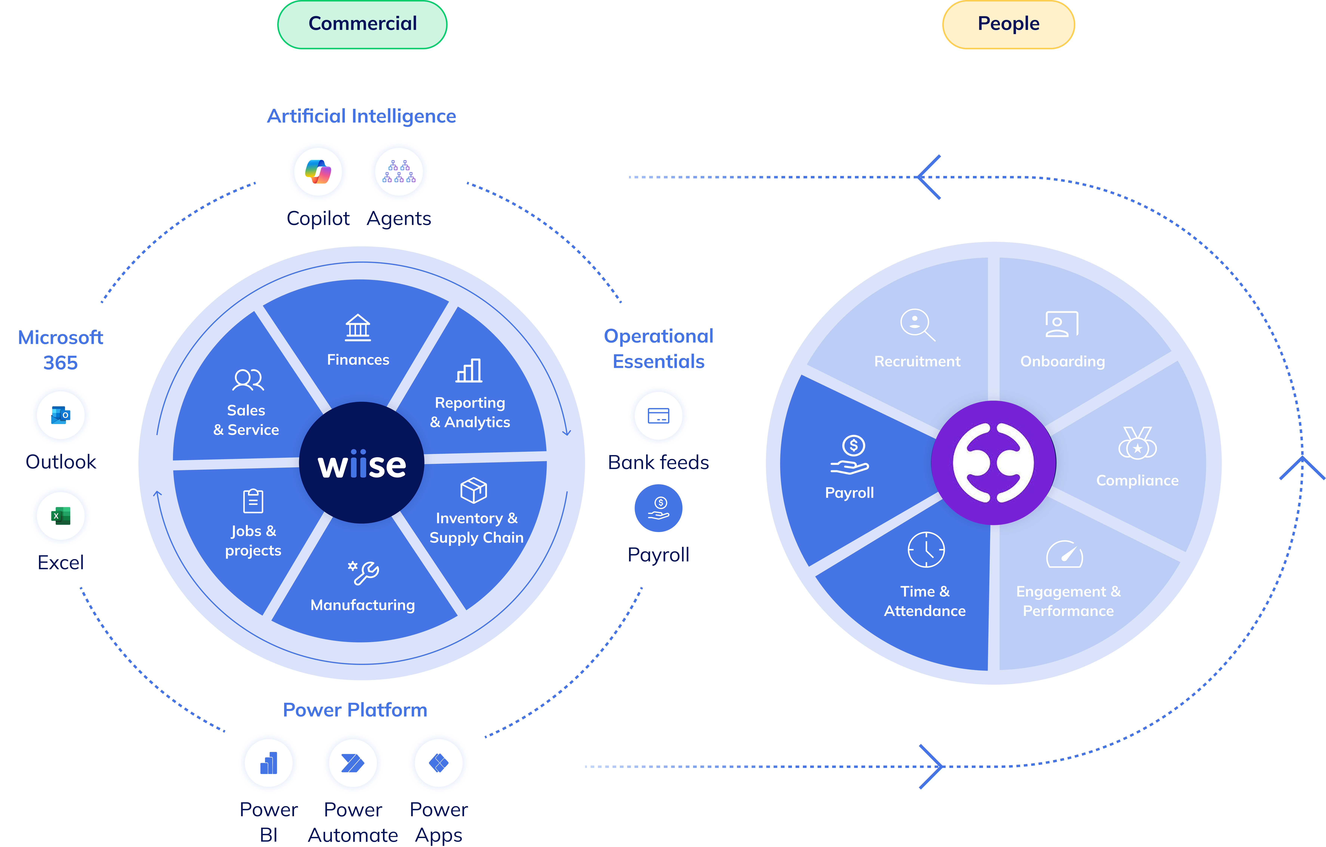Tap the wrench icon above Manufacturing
click(x=363, y=573)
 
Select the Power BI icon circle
click(x=269, y=763)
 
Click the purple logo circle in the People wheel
click(x=993, y=463)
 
